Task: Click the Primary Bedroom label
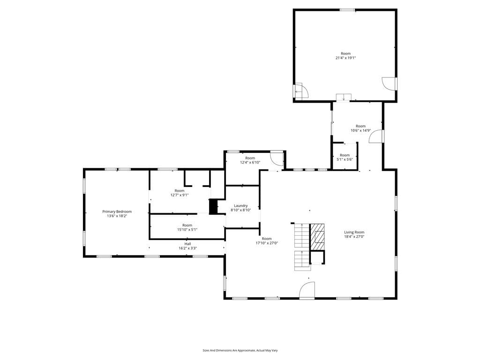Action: click(117, 211)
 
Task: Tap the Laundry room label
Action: click(240, 206)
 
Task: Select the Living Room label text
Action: click(354, 232)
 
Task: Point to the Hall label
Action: click(187, 244)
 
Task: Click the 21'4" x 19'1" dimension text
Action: click(345, 58)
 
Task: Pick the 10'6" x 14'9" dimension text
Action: click(360, 130)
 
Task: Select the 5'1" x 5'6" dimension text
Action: click(345, 159)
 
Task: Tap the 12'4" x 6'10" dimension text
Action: click(250, 163)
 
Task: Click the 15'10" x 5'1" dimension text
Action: click(187, 229)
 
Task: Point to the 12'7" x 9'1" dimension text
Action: click(180, 195)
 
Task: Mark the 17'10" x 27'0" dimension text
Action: click(267, 243)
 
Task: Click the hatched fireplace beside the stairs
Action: click(317, 233)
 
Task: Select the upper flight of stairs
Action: click(302, 235)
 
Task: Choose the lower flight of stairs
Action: click(302, 261)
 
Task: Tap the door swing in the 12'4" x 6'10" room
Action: click(277, 158)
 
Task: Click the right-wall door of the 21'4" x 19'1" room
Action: click(390, 83)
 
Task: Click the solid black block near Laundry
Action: click(213, 207)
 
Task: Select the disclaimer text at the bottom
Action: click(240, 350)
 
